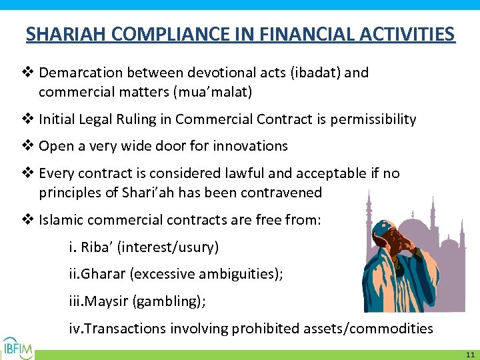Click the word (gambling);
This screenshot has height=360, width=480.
[x=169, y=301]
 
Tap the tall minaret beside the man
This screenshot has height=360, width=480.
[x=369, y=213]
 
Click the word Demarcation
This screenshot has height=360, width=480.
[x=82, y=72]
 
